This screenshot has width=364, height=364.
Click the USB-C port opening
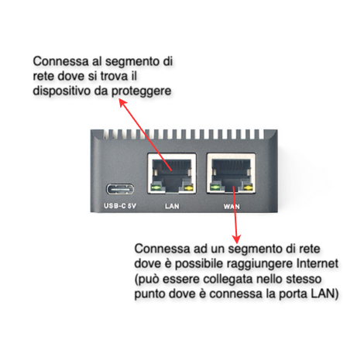click(x=120, y=190)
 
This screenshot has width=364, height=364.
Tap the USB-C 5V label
click(x=120, y=206)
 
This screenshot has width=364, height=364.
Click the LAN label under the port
click(x=172, y=206)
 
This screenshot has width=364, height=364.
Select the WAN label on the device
click(x=232, y=207)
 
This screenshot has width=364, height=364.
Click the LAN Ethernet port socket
click(x=172, y=173)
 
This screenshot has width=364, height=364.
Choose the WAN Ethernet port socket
click(x=231, y=173)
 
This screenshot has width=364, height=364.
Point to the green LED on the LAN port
click(x=156, y=187)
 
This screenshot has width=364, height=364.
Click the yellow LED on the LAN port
click(x=189, y=188)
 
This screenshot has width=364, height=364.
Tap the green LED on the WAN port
click(x=215, y=187)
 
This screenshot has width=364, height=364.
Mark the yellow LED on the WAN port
click(x=248, y=187)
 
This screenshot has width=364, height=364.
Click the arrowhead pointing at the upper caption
click(x=122, y=103)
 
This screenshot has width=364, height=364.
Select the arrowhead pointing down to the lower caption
click(x=236, y=239)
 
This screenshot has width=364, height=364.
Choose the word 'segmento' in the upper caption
click(x=132, y=62)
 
